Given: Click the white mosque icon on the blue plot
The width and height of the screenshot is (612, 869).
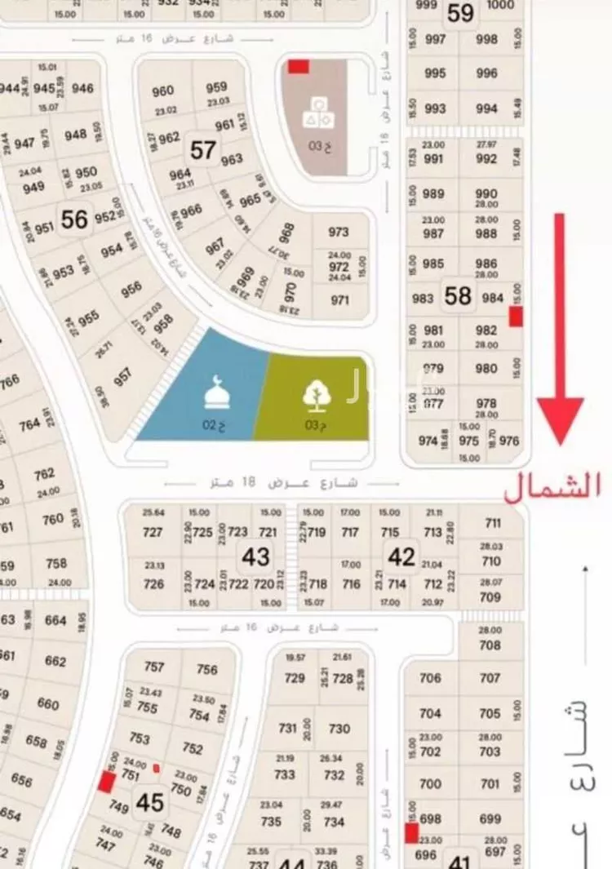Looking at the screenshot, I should [216, 394].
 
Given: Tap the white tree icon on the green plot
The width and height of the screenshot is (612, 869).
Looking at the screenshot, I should [315, 395].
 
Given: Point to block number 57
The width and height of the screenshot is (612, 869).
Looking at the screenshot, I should [202, 150].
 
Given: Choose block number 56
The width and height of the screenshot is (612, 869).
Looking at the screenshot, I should [74, 219].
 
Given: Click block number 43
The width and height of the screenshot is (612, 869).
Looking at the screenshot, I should [255, 556].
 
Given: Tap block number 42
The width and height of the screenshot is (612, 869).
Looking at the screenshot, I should [401, 556].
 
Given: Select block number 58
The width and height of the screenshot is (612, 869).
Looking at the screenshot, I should [458, 295].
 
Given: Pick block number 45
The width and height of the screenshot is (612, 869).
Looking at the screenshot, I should [150, 803].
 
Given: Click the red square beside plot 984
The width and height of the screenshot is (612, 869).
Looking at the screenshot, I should [516, 317].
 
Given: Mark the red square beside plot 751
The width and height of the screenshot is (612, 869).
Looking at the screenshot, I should [106, 782].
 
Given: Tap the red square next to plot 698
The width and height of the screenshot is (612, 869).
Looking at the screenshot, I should [412, 833].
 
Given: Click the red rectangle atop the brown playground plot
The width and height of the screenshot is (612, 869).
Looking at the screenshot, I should [298, 66].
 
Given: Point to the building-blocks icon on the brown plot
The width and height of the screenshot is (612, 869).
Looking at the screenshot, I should [318, 113].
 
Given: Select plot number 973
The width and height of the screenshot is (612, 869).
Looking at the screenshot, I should [339, 232].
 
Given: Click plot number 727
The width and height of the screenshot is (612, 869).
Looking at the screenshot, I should [153, 532].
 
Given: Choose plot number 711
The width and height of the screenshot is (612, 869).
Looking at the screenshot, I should [492, 523].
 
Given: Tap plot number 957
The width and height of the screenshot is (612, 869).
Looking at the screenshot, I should [122, 377].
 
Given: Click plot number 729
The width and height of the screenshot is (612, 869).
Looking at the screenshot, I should [294, 678].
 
